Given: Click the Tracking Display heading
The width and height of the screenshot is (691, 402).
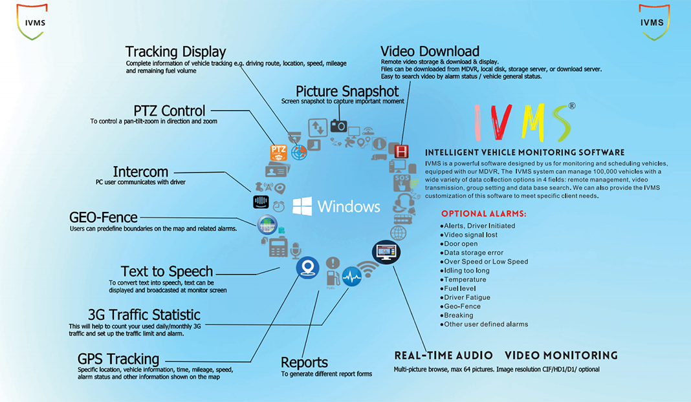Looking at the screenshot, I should [175, 52].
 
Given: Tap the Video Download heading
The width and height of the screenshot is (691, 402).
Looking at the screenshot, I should [430, 52].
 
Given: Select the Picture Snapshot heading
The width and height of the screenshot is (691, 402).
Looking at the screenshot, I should [347, 91].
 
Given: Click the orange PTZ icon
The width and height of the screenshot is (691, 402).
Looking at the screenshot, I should [278, 152].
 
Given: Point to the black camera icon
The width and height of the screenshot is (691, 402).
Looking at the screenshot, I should [338, 125].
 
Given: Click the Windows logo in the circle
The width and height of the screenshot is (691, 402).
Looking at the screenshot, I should [302, 207].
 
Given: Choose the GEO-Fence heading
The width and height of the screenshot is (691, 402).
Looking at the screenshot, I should [104, 217].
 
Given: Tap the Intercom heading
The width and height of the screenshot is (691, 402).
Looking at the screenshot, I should [140, 172].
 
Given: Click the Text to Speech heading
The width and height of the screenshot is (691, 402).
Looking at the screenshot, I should [167, 271].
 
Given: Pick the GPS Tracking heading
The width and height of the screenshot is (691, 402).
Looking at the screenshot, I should [118, 359].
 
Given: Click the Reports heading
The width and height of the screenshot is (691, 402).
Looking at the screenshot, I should [304, 363].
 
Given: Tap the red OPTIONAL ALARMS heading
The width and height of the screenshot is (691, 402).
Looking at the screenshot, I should [484, 213].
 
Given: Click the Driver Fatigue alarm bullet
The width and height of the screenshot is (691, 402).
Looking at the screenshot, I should [466, 297].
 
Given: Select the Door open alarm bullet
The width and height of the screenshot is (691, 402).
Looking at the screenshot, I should [461, 244].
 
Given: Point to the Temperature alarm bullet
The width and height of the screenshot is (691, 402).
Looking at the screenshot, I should [464, 279].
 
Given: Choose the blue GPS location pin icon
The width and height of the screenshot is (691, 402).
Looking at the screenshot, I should [307, 268].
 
